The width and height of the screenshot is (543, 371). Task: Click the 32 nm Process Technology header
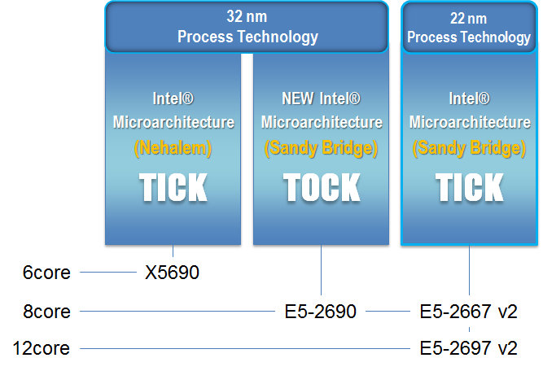point(247,27)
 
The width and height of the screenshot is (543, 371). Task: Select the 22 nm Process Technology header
point(469,28)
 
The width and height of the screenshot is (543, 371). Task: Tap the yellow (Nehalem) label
point(173,148)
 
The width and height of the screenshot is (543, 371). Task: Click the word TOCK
point(322,187)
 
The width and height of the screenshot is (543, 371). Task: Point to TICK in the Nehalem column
point(173,187)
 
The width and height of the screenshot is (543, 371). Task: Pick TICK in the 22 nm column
point(469,187)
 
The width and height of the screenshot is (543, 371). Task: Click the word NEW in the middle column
point(298,98)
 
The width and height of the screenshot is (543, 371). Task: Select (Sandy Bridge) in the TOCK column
point(321,148)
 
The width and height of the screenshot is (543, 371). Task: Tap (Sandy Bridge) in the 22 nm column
point(469,148)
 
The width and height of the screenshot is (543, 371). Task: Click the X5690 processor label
point(172,273)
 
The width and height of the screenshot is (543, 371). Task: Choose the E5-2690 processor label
point(320,312)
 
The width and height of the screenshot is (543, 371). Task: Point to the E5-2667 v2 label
point(469,312)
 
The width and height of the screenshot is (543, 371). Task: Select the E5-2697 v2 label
point(469,348)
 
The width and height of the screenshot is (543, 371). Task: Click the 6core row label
point(46,273)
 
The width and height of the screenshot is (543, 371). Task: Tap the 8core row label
point(46,312)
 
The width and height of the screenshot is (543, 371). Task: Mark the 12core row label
point(42,348)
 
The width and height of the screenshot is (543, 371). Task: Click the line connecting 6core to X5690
point(108,272)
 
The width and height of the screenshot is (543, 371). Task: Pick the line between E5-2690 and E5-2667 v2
point(388,311)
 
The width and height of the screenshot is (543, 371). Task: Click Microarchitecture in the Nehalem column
point(173,123)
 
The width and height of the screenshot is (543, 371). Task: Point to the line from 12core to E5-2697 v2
point(245,348)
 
